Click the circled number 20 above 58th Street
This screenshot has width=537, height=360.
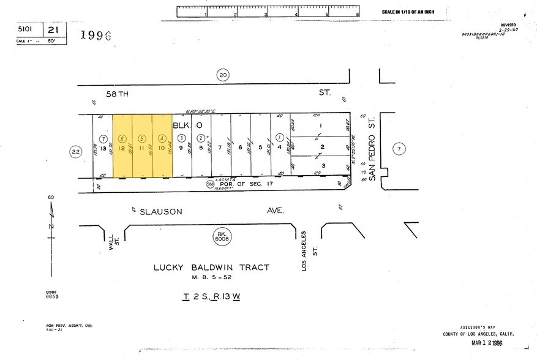click(222, 75)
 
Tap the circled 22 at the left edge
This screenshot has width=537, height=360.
click(75, 152)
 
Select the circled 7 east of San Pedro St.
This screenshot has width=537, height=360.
click(399, 148)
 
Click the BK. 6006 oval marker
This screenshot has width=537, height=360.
click(222, 235)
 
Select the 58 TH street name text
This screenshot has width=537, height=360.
click(119, 94)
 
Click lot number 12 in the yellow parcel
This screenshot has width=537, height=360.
click(122, 148)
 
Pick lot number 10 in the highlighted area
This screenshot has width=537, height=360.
click(162, 148)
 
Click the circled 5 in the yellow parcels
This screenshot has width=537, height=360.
click(142, 138)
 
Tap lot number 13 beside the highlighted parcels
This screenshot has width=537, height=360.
click(103, 148)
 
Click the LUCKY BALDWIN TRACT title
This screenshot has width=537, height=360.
click(211, 268)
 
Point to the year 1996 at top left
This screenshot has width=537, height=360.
click(96, 36)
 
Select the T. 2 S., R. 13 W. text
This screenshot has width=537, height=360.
click(211, 296)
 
